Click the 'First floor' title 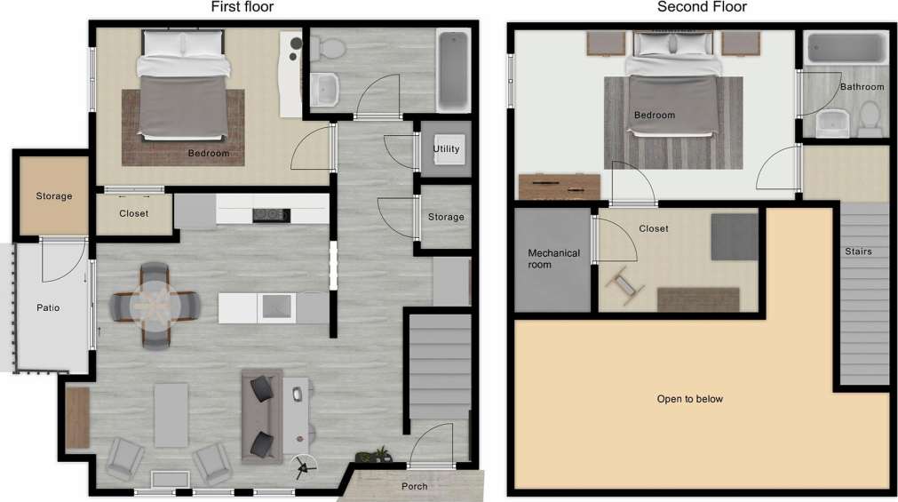[x=242, y=7]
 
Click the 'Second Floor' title [x=702, y=7]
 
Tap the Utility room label [x=446, y=149]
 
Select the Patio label [x=48, y=307]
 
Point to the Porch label [x=414, y=486]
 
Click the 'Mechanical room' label [x=553, y=259]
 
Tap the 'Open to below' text [x=688, y=399]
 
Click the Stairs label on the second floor [x=858, y=251]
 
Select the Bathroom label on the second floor [x=862, y=87]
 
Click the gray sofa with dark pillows [x=261, y=415]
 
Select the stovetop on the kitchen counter [x=271, y=214]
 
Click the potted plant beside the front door [x=380, y=455]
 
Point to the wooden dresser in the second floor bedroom [x=559, y=187]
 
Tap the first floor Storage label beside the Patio [x=53, y=196]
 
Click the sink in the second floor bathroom [x=833, y=124]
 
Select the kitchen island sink [x=274, y=307]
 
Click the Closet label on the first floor [x=133, y=214]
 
